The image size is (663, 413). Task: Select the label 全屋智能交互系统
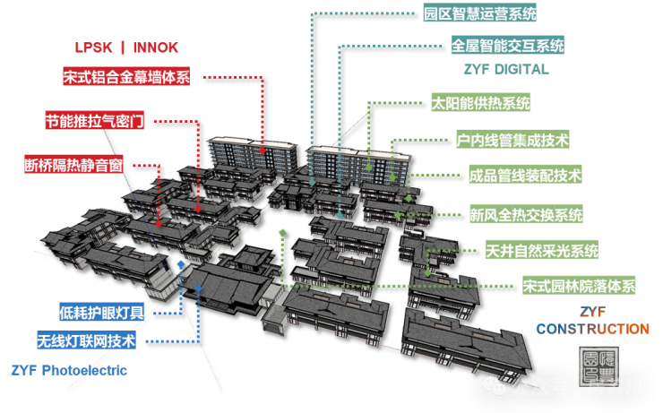point(507,45)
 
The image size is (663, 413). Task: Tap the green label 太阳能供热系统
point(480,102)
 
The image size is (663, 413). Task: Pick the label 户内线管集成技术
point(512,140)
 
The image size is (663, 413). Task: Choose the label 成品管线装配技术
point(525,176)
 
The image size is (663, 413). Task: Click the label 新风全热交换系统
point(525,214)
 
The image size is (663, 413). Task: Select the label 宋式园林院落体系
point(578,287)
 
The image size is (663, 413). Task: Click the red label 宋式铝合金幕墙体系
point(126,77)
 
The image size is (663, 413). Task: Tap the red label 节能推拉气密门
point(94,121)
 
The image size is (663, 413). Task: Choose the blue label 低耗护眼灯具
point(101,313)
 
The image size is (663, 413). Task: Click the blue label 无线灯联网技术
point(86,341)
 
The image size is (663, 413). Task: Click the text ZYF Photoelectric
point(69,370)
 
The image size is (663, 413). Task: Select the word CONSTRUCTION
point(592,329)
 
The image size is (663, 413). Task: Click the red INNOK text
point(158,47)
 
